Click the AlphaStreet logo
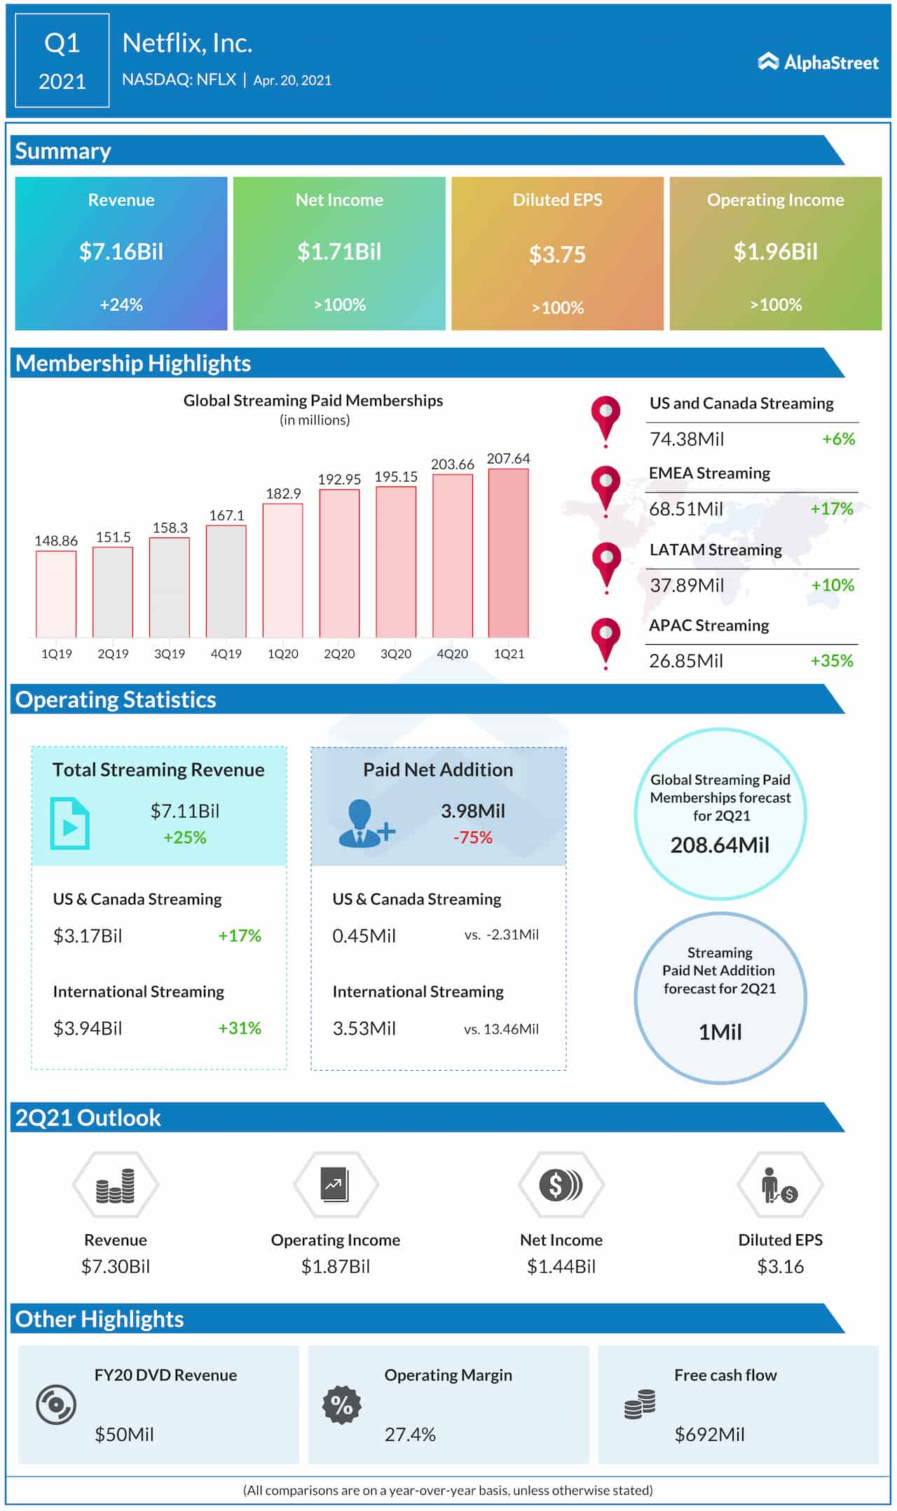pos(818,62)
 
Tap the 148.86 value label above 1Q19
pos(56,540)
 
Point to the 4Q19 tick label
pos(226,653)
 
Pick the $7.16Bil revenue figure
pos(121,252)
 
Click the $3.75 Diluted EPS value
pos(557,254)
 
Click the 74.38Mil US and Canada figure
pos(687,439)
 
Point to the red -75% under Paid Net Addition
pos(473,837)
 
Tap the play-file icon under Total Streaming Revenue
pos(69,823)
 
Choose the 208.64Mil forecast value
pos(720,845)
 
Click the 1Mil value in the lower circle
pos(720,1032)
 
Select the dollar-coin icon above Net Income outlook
pos(561,1184)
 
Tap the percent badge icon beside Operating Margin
pos(341,1405)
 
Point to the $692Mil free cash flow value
pos(709,1434)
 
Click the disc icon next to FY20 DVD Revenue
pos(56,1405)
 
